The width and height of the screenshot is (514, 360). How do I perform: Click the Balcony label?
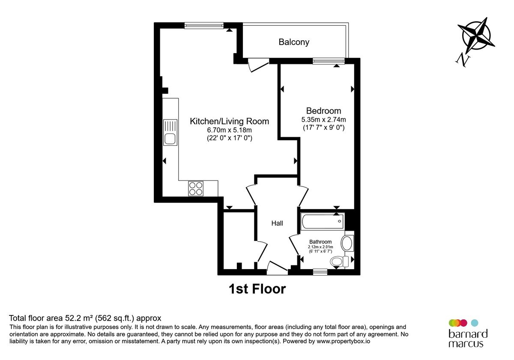click(x=294, y=42)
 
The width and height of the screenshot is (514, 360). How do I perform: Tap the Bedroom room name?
click(x=323, y=111)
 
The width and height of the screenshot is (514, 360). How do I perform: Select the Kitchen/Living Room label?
click(x=230, y=121)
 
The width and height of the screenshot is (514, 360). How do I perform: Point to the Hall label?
click(x=277, y=223)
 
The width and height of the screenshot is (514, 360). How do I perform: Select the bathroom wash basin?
click(x=347, y=243)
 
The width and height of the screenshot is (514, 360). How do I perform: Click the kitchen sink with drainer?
click(x=170, y=132)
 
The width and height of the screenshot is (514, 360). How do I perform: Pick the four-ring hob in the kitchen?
click(x=196, y=189)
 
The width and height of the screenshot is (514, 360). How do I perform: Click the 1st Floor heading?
click(x=257, y=289)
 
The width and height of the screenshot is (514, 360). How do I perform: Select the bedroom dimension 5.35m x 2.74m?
click(x=324, y=120)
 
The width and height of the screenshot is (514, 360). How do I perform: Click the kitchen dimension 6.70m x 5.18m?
click(x=230, y=130)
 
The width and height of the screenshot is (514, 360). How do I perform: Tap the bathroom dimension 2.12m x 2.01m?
click(x=320, y=247)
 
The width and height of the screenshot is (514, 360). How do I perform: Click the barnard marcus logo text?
click(x=468, y=339)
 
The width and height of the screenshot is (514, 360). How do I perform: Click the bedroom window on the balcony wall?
click(x=329, y=61)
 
